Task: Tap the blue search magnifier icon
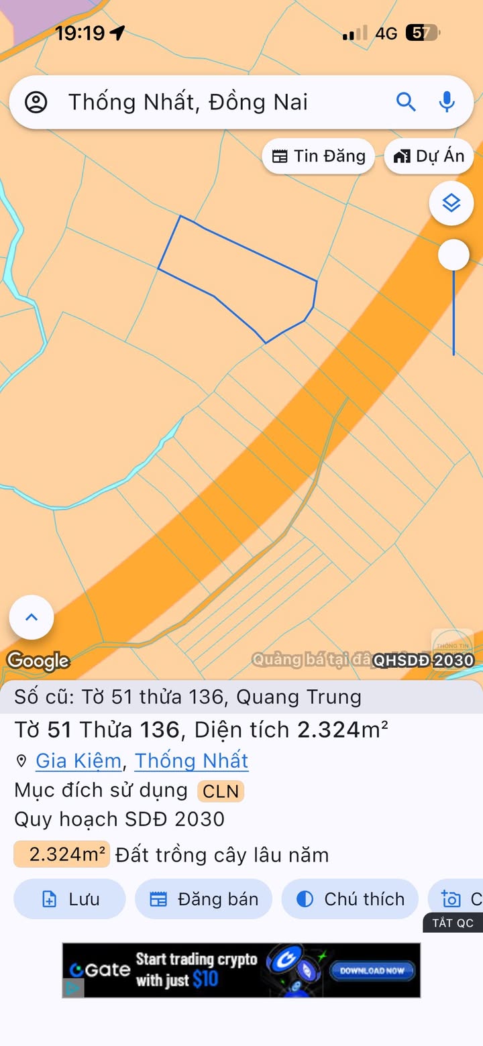(x=406, y=102)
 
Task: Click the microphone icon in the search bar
(x=447, y=102)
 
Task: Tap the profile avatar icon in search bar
(x=36, y=103)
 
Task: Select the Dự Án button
(x=429, y=156)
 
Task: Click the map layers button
(x=451, y=202)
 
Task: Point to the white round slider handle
(x=453, y=255)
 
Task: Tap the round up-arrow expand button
(x=32, y=618)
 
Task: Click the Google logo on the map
(x=38, y=661)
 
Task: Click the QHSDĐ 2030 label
(x=423, y=660)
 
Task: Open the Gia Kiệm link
(x=78, y=761)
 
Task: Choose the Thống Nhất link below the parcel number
(x=191, y=761)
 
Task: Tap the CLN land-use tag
(x=221, y=791)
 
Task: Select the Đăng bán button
(x=204, y=899)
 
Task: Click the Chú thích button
(x=350, y=899)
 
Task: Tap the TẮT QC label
(x=453, y=923)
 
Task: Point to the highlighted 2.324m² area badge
(x=62, y=855)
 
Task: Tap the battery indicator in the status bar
(x=423, y=33)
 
